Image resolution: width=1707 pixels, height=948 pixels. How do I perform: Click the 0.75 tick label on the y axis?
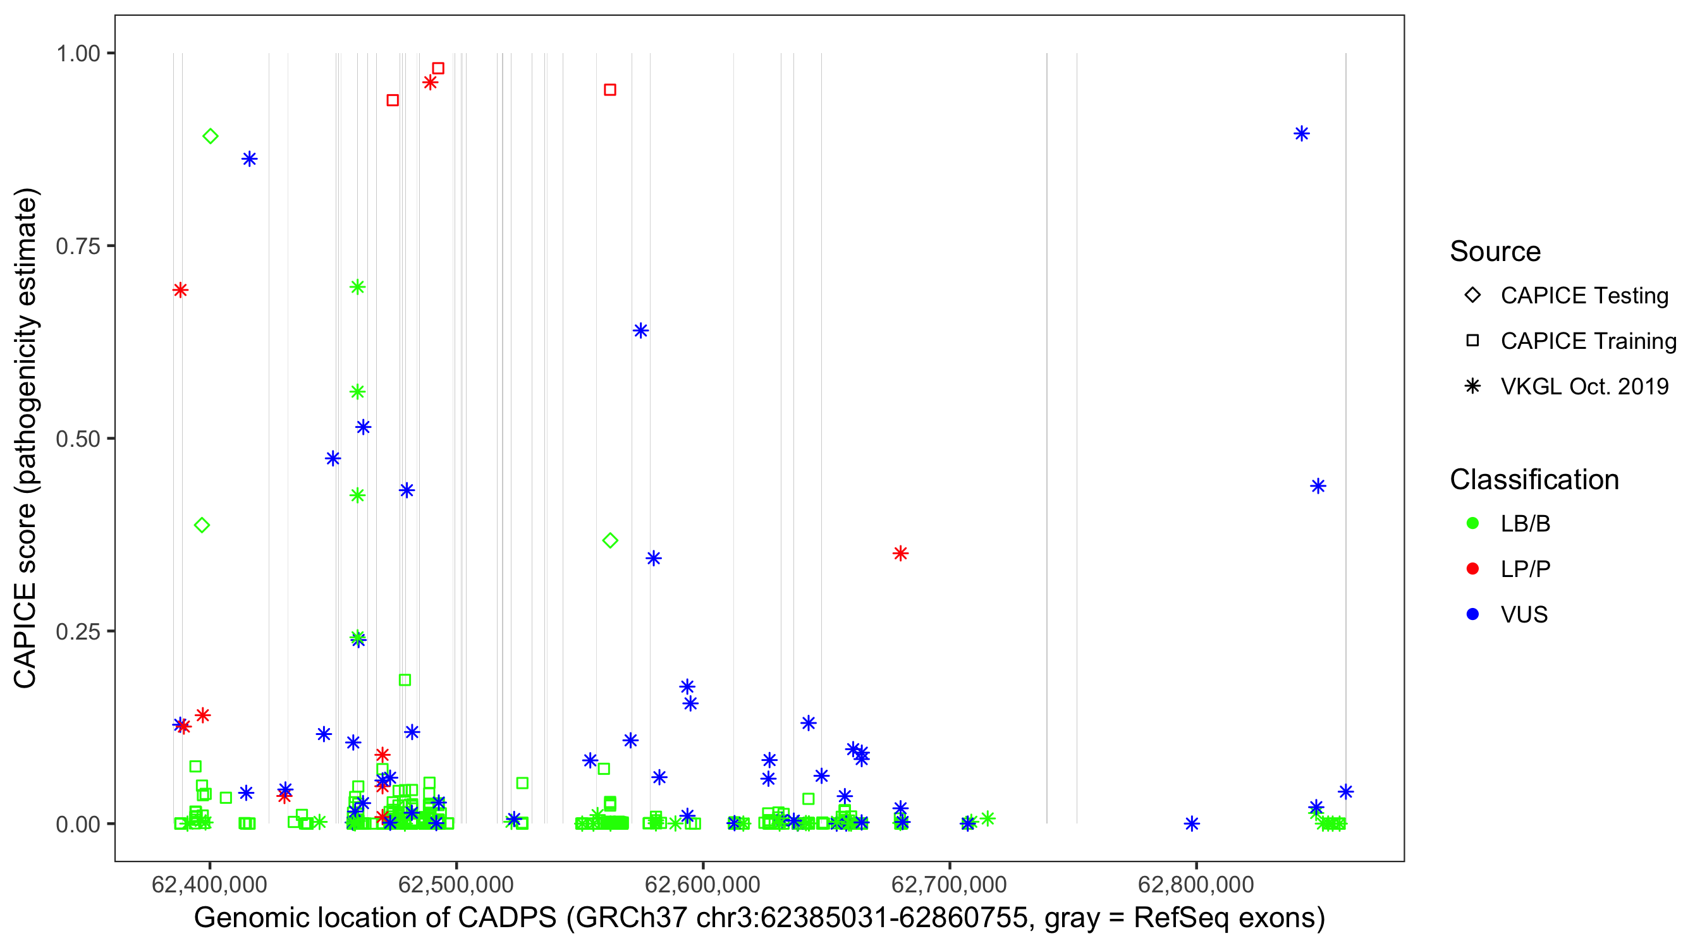pos(77,246)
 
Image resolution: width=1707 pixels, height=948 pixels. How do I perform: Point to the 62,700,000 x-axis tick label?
pos(949,884)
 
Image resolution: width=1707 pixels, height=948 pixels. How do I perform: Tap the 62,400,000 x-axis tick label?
pos(209,884)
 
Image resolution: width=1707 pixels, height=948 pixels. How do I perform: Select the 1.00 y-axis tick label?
pos(77,53)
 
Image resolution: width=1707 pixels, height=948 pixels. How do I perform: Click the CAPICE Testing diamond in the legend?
pos(1472,295)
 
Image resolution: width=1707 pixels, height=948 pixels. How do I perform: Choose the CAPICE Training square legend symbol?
pos(1472,341)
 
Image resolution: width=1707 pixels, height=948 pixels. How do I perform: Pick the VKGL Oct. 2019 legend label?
pos(1584,386)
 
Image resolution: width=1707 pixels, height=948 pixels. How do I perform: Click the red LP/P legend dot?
pos(1472,569)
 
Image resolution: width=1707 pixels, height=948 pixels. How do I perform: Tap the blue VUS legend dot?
pos(1472,614)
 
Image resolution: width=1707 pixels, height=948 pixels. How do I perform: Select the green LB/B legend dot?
pos(1472,523)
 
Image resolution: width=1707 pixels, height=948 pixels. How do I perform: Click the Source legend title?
pos(1495,252)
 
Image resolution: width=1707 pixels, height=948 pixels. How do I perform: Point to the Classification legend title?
pos(1534,480)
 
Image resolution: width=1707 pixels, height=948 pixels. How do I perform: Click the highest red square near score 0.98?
pos(438,68)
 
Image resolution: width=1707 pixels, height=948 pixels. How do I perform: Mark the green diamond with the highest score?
pos(210,137)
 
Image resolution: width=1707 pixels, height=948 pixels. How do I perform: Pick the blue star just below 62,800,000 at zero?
pos(1192,823)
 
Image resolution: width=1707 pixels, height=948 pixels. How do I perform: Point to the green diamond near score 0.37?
pos(610,540)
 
